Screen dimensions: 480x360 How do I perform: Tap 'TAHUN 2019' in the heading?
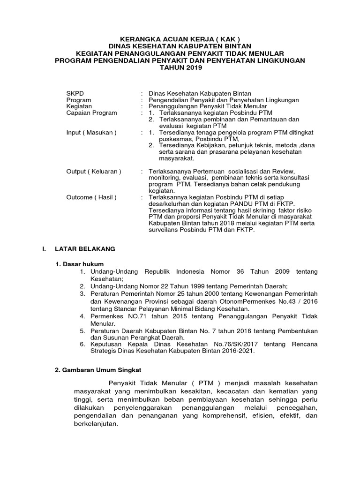pos(180,68)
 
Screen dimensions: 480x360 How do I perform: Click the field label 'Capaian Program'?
pos(92,113)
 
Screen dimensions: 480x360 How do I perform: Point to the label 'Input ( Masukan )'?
pos(91,133)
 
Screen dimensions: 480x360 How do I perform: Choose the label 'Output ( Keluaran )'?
pos(94,172)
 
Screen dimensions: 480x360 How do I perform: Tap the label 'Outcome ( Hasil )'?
pos(91,197)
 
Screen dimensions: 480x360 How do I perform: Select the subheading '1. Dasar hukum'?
pos(80,264)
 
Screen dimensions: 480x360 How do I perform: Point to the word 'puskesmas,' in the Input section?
pos(176,139)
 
